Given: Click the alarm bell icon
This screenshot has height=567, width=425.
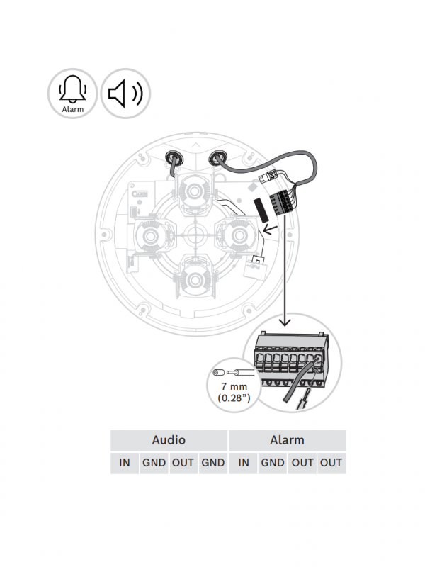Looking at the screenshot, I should click(72, 90).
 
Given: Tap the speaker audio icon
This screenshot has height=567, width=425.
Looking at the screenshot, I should click(125, 93).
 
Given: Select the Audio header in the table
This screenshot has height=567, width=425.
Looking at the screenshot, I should click(169, 439).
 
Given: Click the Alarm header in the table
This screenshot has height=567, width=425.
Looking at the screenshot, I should click(287, 439).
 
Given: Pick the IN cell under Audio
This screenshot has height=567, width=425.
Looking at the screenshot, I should click(125, 463).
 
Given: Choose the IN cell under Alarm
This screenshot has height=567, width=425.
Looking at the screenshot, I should click(244, 463).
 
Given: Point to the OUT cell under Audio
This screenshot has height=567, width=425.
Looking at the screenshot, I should click(183, 463).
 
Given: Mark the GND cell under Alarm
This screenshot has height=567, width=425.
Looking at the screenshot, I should click(273, 463).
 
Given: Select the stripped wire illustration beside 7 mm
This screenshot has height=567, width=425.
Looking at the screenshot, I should click(233, 372).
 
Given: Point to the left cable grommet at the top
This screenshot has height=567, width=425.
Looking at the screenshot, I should click(172, 157).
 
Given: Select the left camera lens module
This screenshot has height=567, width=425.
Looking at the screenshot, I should click(151, 234).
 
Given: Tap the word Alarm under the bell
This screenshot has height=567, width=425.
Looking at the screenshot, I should click(72, 109).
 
